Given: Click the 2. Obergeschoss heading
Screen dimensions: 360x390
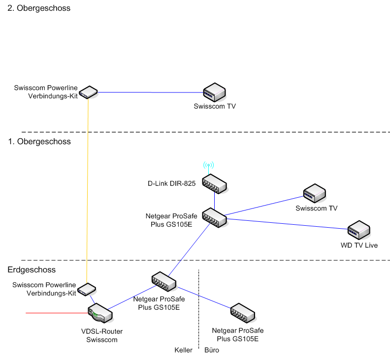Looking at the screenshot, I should pos(39,8).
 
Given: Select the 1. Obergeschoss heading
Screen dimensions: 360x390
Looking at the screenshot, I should pos(39,142).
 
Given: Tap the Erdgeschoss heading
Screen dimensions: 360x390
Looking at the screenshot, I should pos(32,270).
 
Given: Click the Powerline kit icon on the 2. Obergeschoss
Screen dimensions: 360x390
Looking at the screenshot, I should pos(89,91).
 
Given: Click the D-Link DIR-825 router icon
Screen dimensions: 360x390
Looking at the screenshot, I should pos(214,183).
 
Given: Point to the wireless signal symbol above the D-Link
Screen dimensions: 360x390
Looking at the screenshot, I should pos(209,165).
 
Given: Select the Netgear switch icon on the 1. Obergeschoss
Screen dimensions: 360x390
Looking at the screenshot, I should pos(214,217).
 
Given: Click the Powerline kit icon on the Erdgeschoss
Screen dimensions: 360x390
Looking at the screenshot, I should pos(87,289).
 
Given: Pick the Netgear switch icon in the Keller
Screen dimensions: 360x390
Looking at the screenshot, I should pos(164,280).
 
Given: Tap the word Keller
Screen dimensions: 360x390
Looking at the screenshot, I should pos(184,350).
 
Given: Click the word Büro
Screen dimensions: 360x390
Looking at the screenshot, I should pos(212,350).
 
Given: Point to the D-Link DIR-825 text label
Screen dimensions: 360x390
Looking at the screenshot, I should pos(172,184).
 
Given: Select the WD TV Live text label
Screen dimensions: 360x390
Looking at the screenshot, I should pos(359,245).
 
